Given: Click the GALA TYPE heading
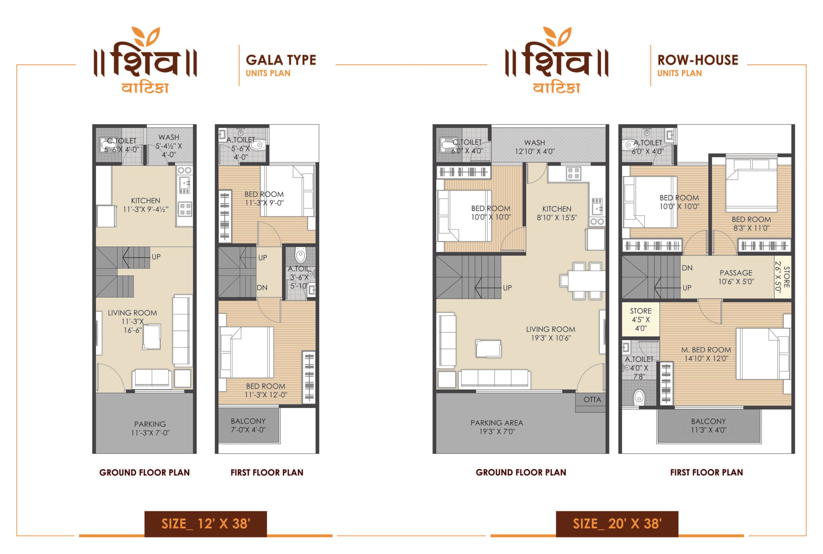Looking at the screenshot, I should click(281, 60).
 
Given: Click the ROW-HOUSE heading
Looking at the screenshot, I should click(698, 60).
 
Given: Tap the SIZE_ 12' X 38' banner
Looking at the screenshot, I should click(206, 523).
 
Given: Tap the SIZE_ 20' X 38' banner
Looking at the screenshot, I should click(617, 523).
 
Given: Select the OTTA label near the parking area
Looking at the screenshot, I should click(592, 400).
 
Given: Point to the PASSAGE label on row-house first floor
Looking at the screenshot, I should click(736, 277).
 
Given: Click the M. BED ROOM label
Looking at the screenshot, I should click(706, 354).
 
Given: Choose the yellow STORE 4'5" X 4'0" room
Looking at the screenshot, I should click(641, 319).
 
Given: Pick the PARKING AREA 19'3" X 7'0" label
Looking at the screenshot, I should click(497, 427).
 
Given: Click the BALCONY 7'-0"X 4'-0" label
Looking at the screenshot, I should click(248, 425).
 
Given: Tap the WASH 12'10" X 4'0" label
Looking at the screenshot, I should click(535, 147).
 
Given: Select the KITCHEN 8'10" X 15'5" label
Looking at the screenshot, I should click(557, 213).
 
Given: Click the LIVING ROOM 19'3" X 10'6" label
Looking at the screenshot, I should click(551, 334).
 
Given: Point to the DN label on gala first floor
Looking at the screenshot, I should click(262, 288).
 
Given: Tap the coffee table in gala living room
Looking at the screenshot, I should click(152, 337).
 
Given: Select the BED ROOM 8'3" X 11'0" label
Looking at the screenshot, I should click(751, 224).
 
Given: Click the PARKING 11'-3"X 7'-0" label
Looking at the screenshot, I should click(150, 428).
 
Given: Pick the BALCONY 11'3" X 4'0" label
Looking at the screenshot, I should click(709, 425).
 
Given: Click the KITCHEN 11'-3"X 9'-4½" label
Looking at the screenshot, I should click(146, 205).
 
